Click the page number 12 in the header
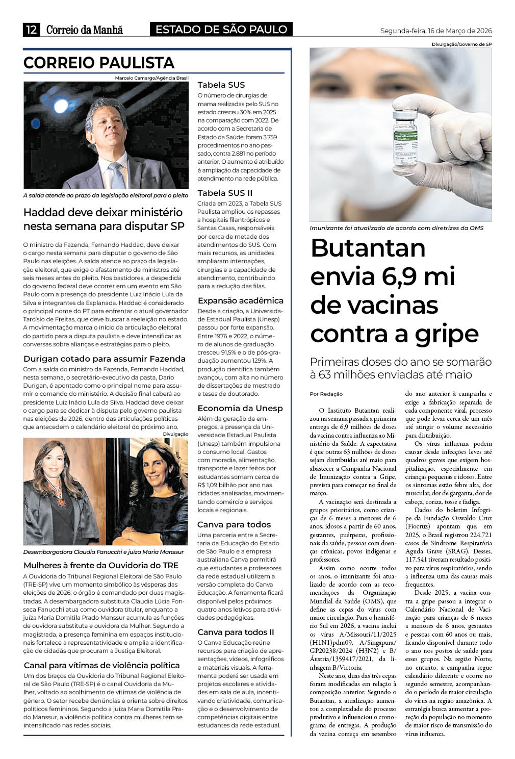[x=31, y=30]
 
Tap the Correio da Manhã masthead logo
[x=85, y=30]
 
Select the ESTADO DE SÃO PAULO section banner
[x=221, y=30]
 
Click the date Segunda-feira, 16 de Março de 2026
[x=436, y=31]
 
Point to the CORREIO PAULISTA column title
[x=99, y=63]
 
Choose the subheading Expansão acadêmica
[x=240, y=300]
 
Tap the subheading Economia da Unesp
[x=240, y=408]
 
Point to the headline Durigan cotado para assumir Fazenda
[x=105, y=359]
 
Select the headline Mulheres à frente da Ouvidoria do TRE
[x=101, y=565]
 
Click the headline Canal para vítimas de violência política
[x=101, y=665]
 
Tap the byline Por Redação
[x=326, y=394]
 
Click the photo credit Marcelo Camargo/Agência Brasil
[x=151, y=78]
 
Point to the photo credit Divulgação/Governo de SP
[x=461, y=44]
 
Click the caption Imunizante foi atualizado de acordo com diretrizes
[x=396, y=228]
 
